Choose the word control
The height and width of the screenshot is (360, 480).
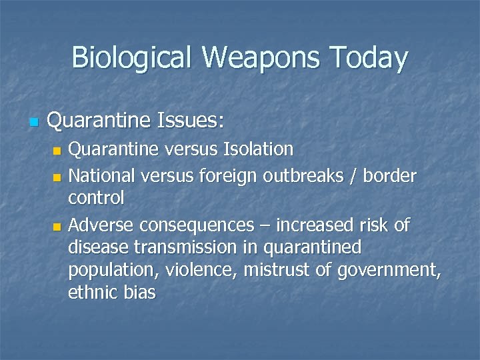(96, 199)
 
